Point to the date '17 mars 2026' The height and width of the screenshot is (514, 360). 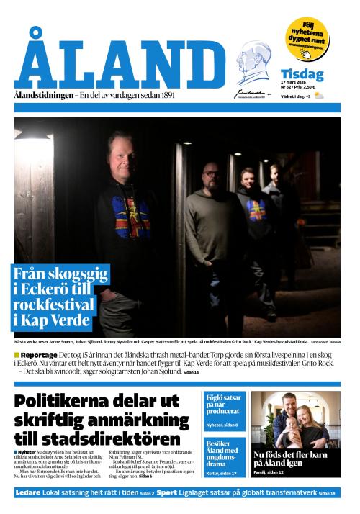[x=294, y=84]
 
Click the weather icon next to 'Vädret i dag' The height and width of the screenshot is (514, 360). [x=318, y=96]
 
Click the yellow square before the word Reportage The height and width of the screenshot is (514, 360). [x=17, y=356]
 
